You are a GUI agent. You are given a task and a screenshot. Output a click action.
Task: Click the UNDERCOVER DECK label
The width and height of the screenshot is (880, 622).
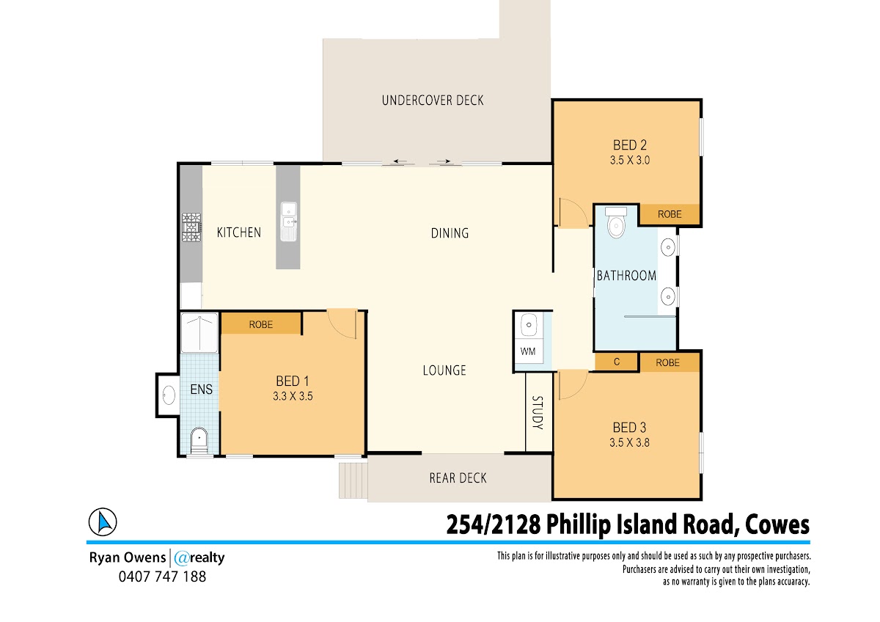pos(433,100)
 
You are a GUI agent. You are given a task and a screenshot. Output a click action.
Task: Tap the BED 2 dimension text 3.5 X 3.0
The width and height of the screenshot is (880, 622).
pos(630,161)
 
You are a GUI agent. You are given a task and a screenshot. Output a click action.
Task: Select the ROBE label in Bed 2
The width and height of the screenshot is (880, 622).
pos(670,214)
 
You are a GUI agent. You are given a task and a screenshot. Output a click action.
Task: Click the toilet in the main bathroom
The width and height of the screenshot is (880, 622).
pos(616,223)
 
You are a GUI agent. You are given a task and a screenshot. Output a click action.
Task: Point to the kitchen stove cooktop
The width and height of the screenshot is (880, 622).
pos(191,227)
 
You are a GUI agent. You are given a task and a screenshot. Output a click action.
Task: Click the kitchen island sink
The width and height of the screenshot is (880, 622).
pos(289,222)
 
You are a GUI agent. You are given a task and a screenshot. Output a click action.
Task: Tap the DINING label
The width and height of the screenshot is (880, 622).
pos(450,233)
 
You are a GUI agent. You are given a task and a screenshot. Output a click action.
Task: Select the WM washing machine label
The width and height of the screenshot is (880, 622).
pos(527,351)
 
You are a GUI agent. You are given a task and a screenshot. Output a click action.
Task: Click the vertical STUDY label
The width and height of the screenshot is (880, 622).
pos(538,412)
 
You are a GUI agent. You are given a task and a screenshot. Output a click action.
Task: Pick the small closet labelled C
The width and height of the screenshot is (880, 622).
pos(617,362)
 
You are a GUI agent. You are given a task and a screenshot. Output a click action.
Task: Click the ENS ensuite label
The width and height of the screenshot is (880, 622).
pos(201,389)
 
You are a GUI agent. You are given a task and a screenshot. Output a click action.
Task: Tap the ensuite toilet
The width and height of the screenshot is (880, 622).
pos(199,441)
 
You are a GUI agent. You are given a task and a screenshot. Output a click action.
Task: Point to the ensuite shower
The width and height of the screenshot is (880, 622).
pos(199,332)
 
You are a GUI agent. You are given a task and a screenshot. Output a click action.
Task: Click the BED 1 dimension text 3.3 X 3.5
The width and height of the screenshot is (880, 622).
pos(293,396)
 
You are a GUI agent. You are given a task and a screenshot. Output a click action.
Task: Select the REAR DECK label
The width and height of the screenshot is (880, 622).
pos(458,478)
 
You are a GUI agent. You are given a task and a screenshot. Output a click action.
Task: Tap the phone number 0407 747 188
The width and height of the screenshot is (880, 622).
pos(162,577)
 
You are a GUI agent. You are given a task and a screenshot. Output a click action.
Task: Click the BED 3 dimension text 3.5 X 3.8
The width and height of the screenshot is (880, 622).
pos(629,442)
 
